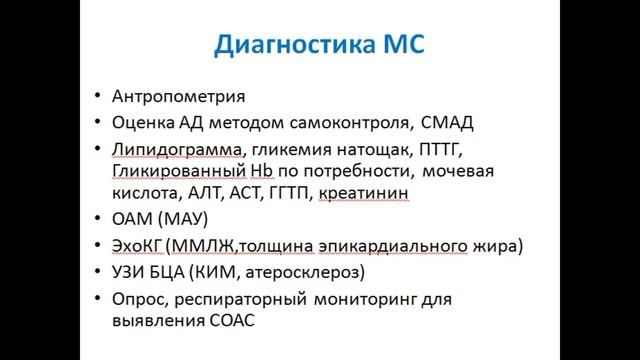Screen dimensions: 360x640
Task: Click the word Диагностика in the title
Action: (284, 46)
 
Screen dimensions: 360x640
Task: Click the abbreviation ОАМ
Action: (134, 217)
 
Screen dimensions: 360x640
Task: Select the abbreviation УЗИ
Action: (133, 271)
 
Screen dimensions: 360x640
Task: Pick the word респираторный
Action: (240, 298)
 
